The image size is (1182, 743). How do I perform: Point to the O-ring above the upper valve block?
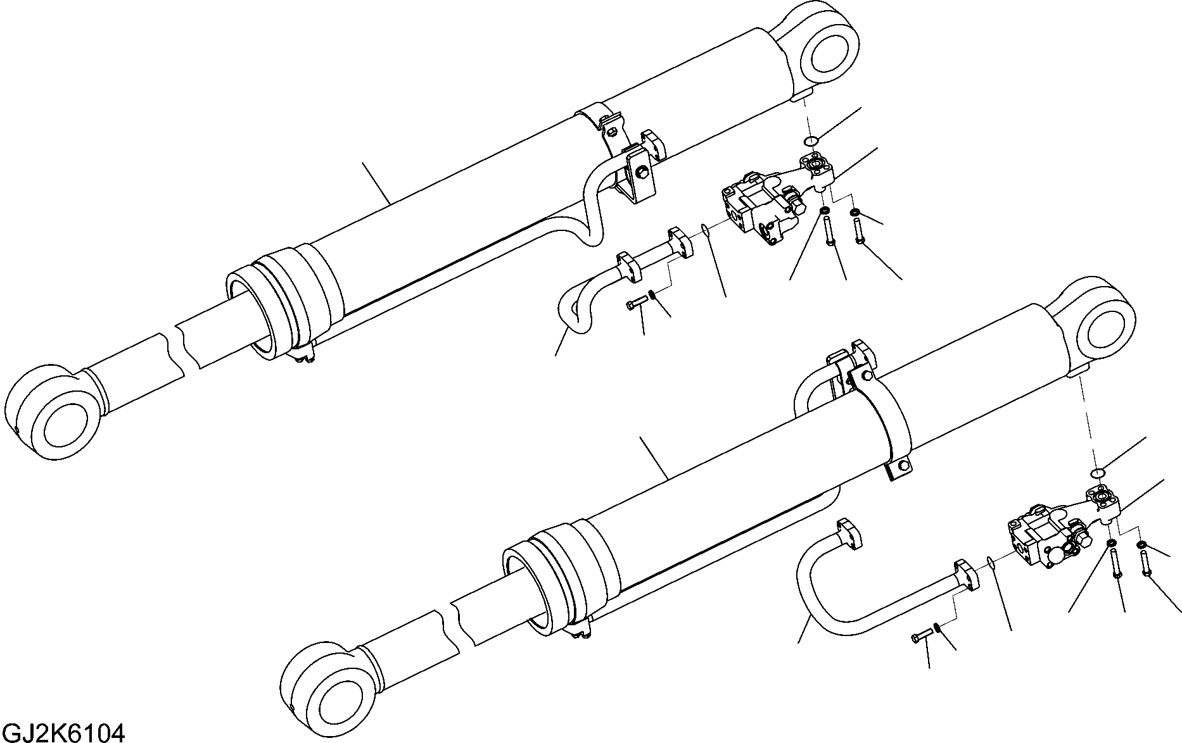point(811,141)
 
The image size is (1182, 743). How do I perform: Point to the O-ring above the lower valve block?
point(1098,473)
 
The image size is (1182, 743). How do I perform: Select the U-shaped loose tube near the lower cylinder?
point(817,589)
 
